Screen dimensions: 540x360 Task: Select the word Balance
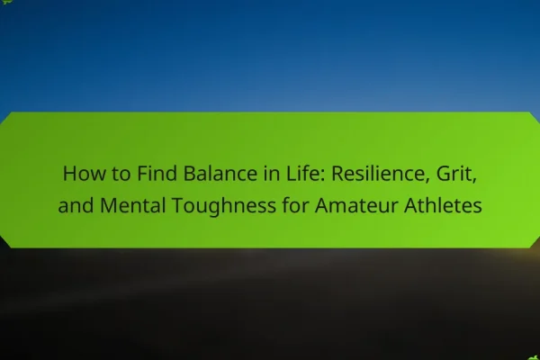point(220,174)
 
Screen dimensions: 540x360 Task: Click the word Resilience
point(378,174)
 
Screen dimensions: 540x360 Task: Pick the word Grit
point(454,174)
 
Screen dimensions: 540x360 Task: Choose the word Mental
point(133,205)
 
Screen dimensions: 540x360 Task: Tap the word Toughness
point(224,207)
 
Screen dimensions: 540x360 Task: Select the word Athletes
point(443,205)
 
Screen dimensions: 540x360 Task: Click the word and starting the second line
point(76,205)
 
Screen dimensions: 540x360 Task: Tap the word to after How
point(121,175)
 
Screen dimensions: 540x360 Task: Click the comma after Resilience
point(427,181)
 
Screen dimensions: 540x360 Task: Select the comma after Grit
point(474,181)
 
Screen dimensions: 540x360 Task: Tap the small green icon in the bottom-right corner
point(534,358)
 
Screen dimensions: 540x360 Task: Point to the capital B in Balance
point(189,174)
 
